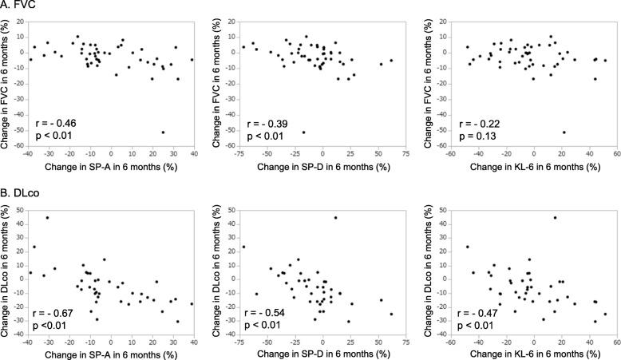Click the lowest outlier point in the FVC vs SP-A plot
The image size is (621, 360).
[164, 133]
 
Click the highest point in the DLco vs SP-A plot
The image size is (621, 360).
[47, 218]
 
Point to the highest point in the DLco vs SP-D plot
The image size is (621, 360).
[335, 218]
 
